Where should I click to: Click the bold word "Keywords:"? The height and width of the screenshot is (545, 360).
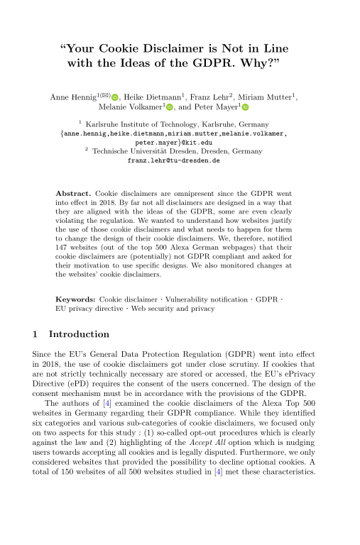[x=76, y=301]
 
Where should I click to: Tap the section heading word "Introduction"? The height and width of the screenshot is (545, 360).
[x=78, y=334]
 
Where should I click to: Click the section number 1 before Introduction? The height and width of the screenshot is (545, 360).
[x=36, y=334]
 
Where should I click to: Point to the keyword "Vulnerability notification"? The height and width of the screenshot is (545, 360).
[x=213, y=301]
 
